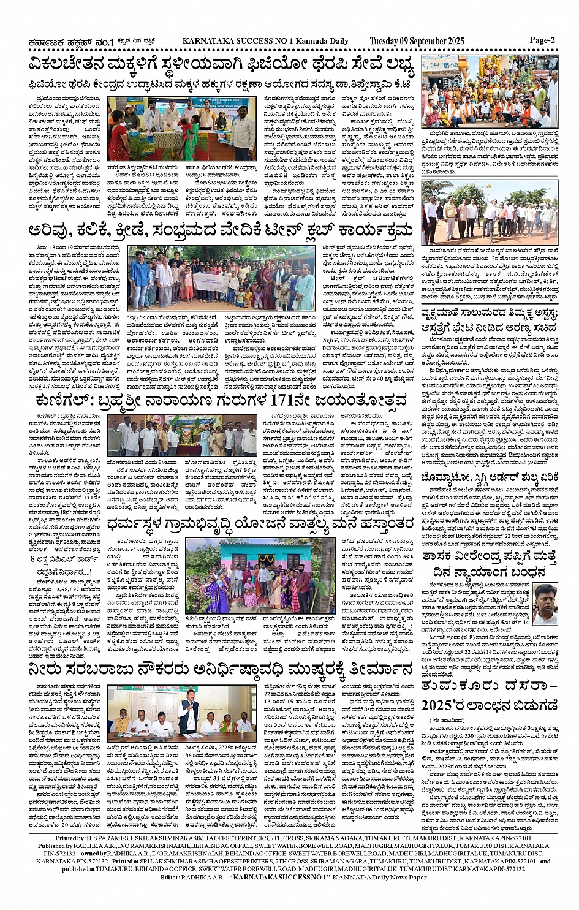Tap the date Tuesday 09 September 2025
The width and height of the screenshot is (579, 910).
click(417, 41)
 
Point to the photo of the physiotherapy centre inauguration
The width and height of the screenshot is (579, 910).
click(181, 128)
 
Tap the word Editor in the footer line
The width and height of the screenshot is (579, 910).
click(171, 877)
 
